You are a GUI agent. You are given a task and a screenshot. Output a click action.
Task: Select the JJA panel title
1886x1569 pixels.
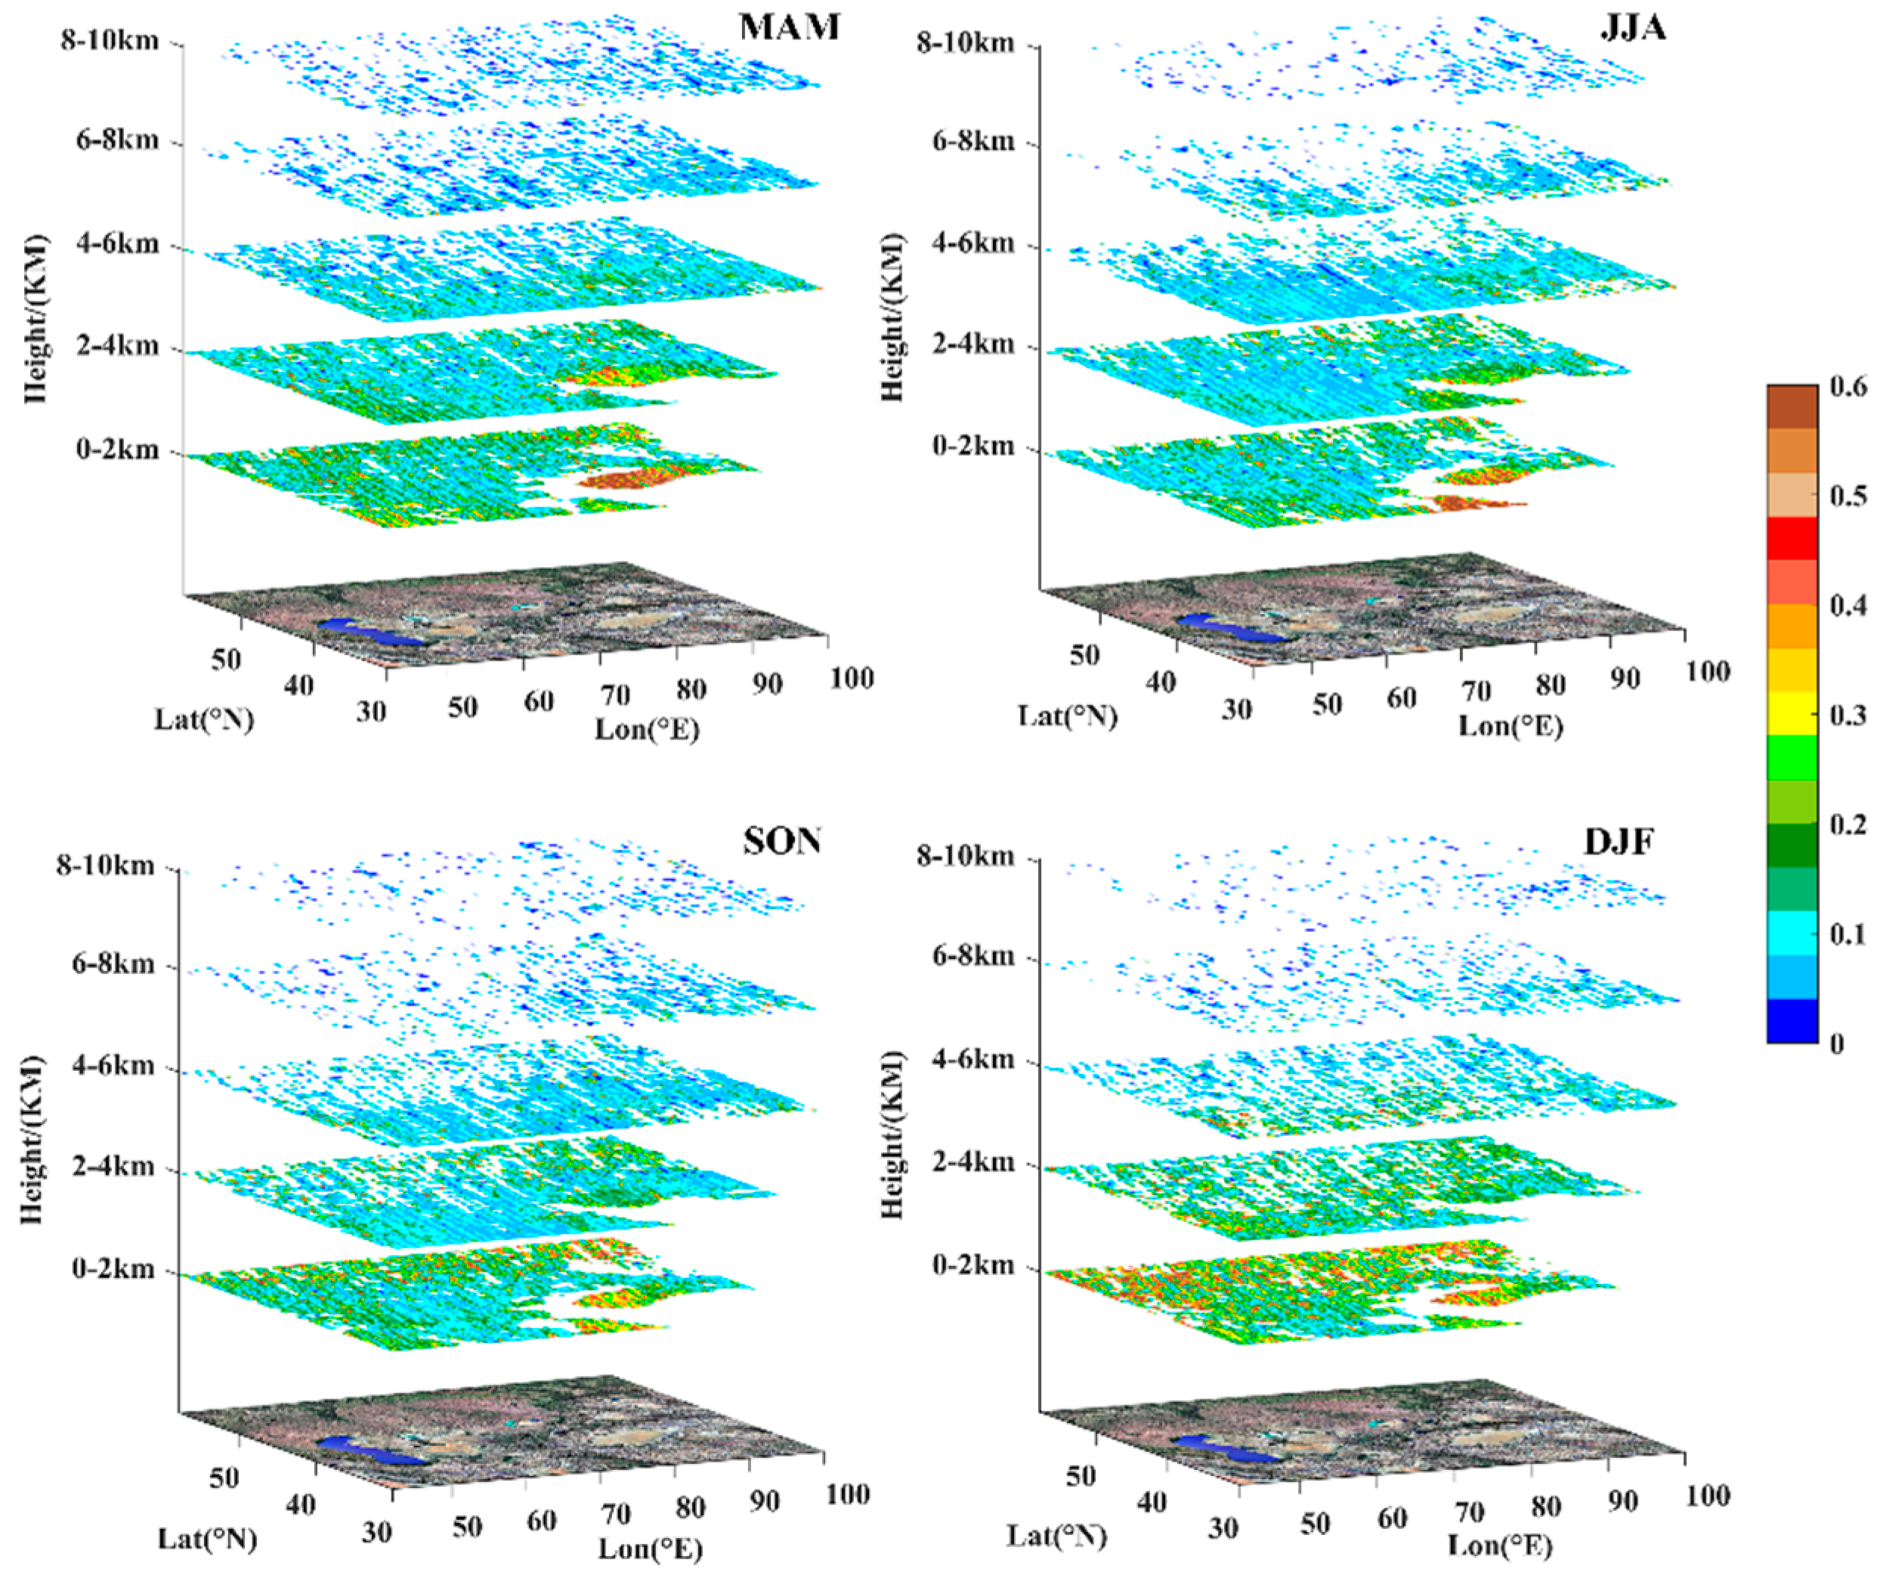point(1633,28)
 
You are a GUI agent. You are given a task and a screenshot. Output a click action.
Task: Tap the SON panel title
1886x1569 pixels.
point(781,841)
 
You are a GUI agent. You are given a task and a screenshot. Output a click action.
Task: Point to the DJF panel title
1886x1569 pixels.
point(1619,841)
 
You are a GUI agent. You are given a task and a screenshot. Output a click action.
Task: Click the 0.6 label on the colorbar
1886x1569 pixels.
point(1848,387)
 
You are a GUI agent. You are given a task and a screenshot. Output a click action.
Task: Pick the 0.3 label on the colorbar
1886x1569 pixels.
point(1848,716)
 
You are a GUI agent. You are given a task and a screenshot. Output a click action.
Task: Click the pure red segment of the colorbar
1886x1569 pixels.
point(1792,538)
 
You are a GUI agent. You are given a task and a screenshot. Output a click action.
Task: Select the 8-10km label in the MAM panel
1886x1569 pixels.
point(110,42)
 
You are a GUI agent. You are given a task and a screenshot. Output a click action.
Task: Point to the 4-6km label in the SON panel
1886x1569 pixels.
point(113,1066)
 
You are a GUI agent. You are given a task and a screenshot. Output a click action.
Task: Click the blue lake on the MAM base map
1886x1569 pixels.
point(370,630)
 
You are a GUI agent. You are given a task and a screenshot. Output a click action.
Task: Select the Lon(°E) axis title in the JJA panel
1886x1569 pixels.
point(1510,725)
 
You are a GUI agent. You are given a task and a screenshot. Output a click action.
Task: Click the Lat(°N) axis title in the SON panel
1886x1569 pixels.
point(208,1539)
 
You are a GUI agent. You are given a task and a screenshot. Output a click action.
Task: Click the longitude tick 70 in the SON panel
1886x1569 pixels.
point(615,1515)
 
